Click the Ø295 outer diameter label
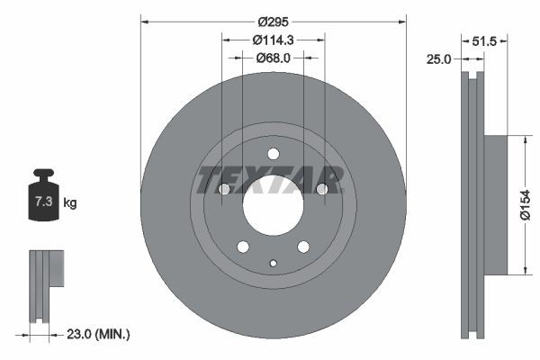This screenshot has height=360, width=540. point(273,21)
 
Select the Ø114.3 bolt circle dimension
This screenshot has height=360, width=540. point(273,40)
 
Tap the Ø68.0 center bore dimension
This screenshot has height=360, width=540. point(273,58)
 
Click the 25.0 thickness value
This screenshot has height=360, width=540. point(438,58)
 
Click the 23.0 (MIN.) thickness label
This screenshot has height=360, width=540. point(99,334)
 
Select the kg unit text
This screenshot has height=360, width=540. point(70,203)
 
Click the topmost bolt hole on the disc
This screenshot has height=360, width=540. point(274,153)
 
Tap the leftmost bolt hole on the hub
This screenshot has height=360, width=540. point(225,189)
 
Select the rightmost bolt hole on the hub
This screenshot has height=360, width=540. point(321,189)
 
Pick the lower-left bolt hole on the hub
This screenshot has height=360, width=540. point(243,246)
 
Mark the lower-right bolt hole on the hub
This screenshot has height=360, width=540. point(303,246)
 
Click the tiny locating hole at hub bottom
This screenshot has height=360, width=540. point(274,263)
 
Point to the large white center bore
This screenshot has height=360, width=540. point(273,204)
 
